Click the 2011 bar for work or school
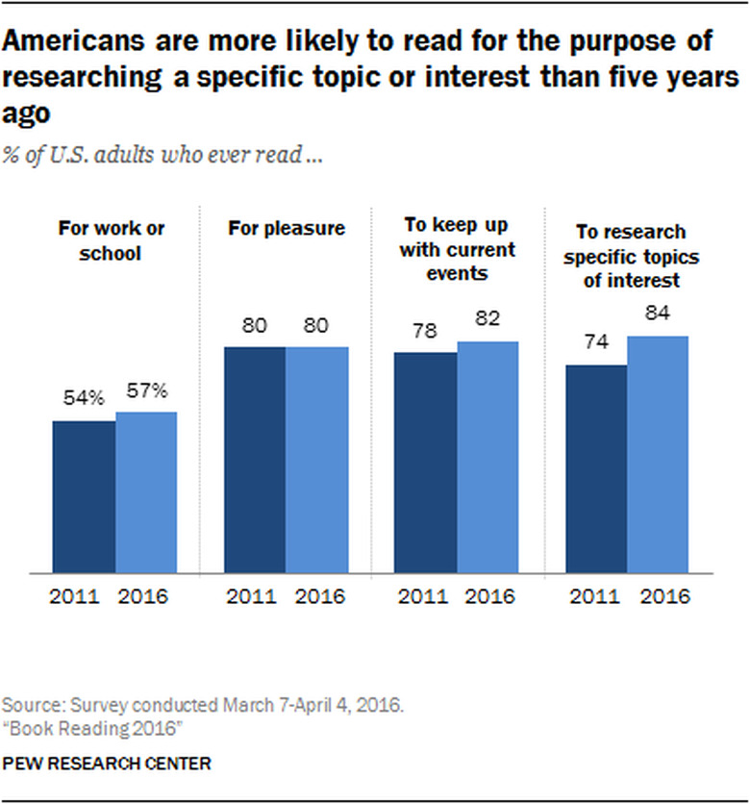point(84,496)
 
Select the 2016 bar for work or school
point(146,491)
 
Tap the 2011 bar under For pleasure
point(255,460)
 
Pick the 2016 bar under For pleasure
point(317,460)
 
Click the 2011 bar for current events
point(426,463)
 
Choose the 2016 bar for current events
point(487,457)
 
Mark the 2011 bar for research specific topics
point(596,468)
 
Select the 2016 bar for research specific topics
point(659,454)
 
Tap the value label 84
point(659,314)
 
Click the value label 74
point(596,343)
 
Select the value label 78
point(426,332)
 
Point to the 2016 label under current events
point(487,596)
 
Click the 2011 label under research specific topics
point(596,596)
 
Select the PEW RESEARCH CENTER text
point(108,763)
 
